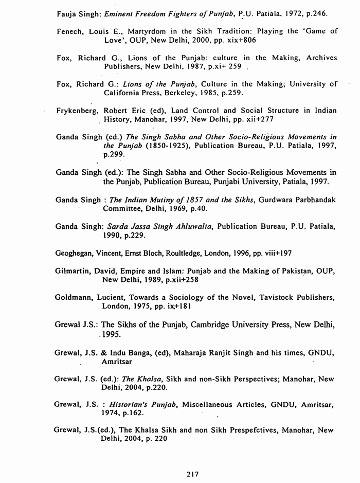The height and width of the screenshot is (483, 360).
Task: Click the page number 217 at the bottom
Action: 193,474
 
